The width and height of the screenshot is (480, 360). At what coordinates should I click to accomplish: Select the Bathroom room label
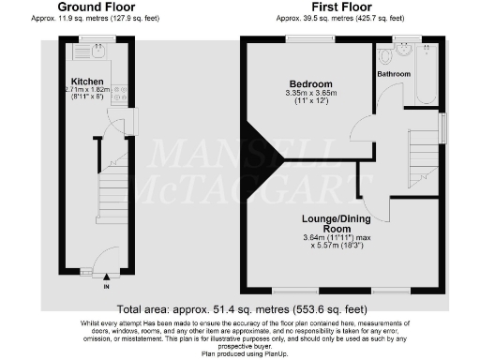pos(395,73)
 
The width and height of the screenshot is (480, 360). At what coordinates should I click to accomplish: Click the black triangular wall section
pos(262,154)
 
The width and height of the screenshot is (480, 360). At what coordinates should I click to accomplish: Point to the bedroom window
pos(308,38)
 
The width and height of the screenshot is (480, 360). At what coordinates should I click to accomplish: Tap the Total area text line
pos(240,308)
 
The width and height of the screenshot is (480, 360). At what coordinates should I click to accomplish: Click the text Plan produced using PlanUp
pos(240,354)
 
